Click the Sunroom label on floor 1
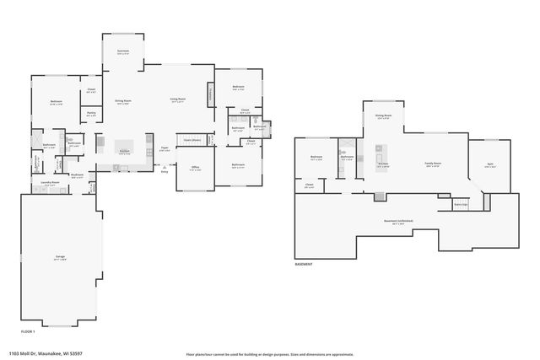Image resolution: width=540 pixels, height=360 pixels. coord(122,52)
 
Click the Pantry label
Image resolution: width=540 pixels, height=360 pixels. coord(90,115)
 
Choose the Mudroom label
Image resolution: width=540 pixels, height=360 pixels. coord(77,176)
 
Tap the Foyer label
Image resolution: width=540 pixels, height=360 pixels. coord(165,149)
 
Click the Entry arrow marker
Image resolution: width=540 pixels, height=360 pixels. coord(165,168)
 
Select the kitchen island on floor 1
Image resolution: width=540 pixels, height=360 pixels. coord(124,145)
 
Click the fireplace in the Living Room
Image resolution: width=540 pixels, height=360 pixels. coord(208,94)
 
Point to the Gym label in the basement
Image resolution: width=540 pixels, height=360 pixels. coord(490,165)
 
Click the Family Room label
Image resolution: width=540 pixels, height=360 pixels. coord(434,165)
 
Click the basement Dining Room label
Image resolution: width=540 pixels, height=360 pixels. coord(382,117)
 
